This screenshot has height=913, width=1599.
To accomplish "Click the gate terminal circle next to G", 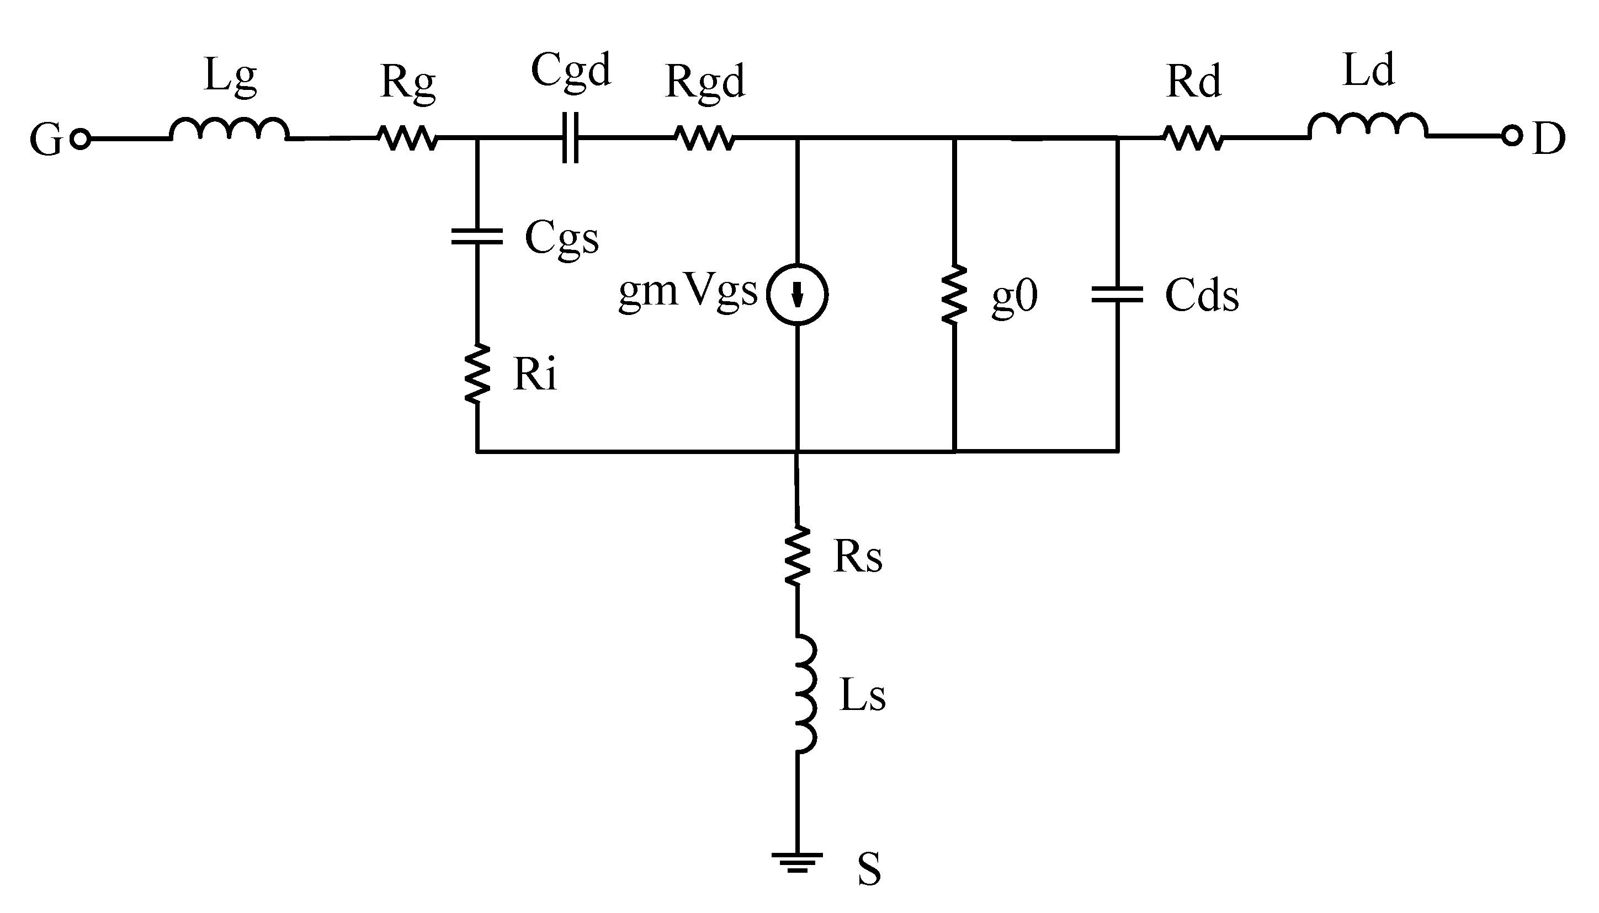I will coord(80,138).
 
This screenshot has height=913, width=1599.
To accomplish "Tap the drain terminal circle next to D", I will coord(1512,136).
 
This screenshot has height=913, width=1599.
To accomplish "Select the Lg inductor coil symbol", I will coord(229,129).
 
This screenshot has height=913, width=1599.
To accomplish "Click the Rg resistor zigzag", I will coord(407,137).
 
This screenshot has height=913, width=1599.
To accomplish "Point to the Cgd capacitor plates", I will coord(570,138).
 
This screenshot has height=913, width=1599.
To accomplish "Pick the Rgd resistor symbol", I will coord(704,137).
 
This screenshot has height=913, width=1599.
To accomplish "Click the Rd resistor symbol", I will coord(1193,137).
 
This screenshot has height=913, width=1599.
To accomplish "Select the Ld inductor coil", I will coord(1368,125).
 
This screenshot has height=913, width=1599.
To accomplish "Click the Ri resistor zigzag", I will coord(477,372).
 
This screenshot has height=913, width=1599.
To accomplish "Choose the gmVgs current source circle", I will coord(798,294).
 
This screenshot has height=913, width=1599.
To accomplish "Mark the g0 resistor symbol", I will coord(954,295).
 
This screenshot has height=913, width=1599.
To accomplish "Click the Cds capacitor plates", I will coord(1117,295).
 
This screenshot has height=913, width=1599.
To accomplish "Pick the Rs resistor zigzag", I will coord(798,556).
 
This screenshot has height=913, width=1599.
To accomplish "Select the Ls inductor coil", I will coord(805,693).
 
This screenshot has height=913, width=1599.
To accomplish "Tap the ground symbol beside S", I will coord(796,863).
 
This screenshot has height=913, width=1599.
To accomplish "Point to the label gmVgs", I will coord(688,292).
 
